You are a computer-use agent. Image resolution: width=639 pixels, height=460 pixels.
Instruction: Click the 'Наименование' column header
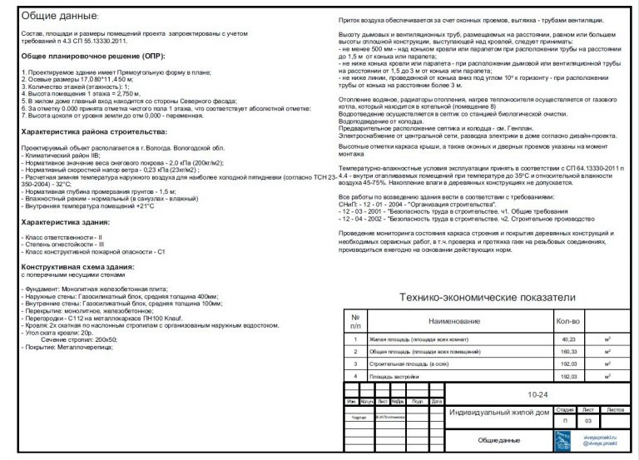pos(454,321)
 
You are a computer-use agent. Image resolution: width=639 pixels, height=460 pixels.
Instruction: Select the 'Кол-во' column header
pos(567,321)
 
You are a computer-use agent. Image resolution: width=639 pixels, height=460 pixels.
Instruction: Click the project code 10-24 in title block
pos(537,396)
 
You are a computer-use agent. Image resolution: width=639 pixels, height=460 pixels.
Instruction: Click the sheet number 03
pos(589,422)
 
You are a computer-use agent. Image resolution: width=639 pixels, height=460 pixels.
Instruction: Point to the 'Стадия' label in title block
pos(564,409)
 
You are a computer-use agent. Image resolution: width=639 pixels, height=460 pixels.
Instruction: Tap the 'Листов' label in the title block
pos(616,409)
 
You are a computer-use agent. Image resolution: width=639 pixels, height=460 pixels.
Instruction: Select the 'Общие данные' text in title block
pos(499,439)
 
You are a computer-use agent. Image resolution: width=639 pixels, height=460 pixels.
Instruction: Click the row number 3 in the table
pos(355,364)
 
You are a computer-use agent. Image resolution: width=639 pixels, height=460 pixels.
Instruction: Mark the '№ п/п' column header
pos(355,321)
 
